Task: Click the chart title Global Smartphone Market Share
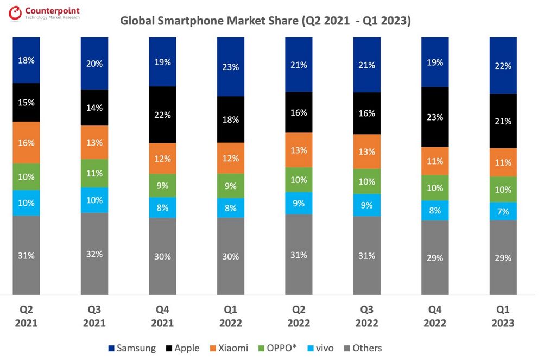[x=265, y=21]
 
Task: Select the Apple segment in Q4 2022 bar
[x=435, y=117]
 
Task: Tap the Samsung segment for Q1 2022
[x=231, y=67]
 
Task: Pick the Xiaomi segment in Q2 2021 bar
[x=26, y=142]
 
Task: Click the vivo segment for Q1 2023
[x=503, y=211]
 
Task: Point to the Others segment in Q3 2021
[x=94, y=253]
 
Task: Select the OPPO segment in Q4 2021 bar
[x=162, y=186]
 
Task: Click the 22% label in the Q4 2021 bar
[x=162, y=115]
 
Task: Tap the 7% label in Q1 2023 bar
[x=503, y=211]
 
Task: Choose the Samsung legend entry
[x=132, y=348]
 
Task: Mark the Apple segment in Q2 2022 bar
[x=299, y=112]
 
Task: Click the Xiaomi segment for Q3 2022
[x=367, y=151]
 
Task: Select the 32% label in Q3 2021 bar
[x=94, y=253]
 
